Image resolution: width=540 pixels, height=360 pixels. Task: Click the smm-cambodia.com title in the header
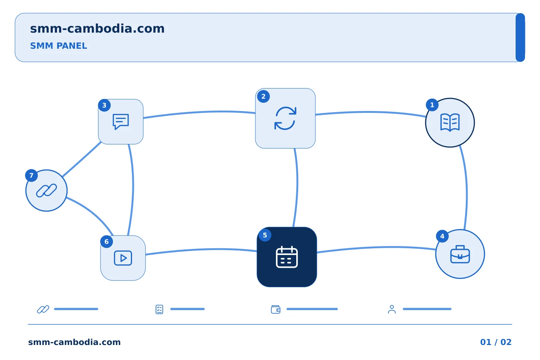pyautogui.click(x=97, y=28)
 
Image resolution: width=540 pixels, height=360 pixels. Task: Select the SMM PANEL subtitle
pyautogui.click(x=58, y=46)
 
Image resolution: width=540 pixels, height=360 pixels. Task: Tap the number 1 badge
pyautogui.click(x=432, y=105)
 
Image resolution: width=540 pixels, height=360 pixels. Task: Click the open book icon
pyautogui.click(x=450, y=123)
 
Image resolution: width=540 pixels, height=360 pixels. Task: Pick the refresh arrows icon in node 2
pyautogui.click(x=285, y=118)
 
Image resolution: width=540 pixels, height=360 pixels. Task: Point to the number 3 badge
pyautogui.click(x=104, y=105)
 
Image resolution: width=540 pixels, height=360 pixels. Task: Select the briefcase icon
pyautogui.click(x=460, y=254)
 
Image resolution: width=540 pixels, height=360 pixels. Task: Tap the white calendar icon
pyautogui.click(x=286, y=257)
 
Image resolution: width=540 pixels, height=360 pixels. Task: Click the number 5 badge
pyautogui.click(x=265, y=235)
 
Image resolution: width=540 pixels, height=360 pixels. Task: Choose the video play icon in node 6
pyautogui.click(x=123, y=258)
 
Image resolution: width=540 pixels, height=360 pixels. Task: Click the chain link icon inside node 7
pyautogui.click(x=46, y=190)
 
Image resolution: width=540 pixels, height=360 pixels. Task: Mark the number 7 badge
pyautogui.click(x=31, y=175)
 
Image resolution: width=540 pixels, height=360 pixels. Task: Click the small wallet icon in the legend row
pyautogui.click(x=276, y=309)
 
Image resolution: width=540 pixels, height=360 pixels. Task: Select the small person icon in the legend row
pyautogui.click(x=392, y=309)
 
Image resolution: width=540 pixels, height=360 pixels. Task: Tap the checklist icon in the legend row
pyautogui.click(x=159, y=309)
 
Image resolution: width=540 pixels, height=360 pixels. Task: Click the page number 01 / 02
pyautogui.click(x=496, y=342)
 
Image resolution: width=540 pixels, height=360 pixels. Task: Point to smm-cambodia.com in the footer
pyautogui.click(x=74, y=342)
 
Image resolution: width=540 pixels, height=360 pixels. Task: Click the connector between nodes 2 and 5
pyautogui.click(x=297, y=187)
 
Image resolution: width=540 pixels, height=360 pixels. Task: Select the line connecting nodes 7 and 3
pyautogui.click(x=82, y=159)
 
